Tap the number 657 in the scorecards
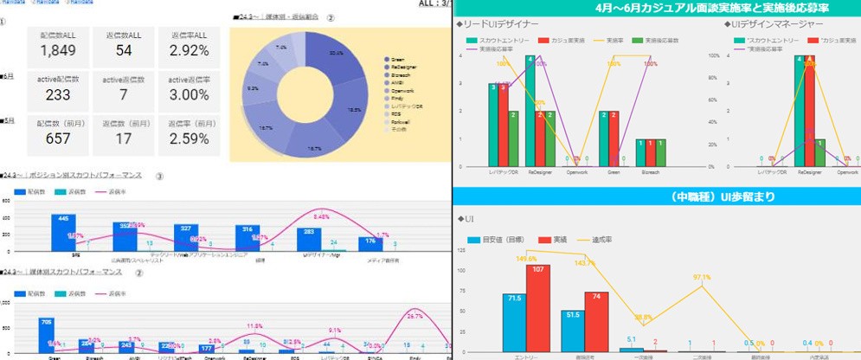(59, 138)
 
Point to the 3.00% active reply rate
(189, 94)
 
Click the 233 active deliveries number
(59, 94)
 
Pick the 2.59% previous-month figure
(189, 138)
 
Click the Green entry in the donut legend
(398, 60)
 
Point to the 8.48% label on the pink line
(319, 217)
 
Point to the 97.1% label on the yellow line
(702, 278)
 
